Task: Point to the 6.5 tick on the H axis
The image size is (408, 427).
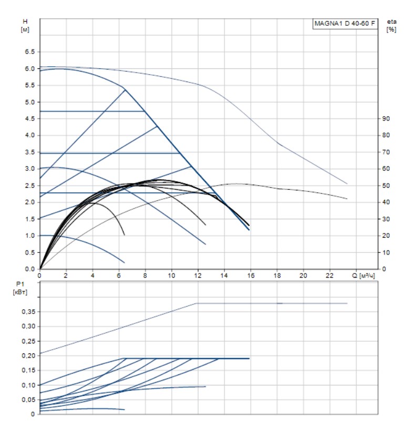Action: tap(29, 52)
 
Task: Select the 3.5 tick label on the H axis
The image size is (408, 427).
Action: tap(29, 152)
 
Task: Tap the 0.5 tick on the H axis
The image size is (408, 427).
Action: tap(29, 252)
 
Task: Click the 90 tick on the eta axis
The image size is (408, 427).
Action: tap(385, 119)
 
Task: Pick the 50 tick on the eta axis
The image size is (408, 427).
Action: tap(385, 186)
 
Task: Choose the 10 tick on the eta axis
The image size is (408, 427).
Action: tap(385, 252)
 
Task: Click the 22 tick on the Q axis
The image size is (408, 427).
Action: tap(330, 275)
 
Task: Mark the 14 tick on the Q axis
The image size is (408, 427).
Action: tap(225, 275)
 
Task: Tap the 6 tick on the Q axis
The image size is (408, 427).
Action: tap(119, 275)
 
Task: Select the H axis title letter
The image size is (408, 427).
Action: tap(24, 21)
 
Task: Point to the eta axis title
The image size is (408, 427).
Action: tap(391, 21)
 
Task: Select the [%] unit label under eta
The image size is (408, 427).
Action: tap(391, 29)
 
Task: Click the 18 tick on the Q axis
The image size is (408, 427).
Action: tap(277, 275)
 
